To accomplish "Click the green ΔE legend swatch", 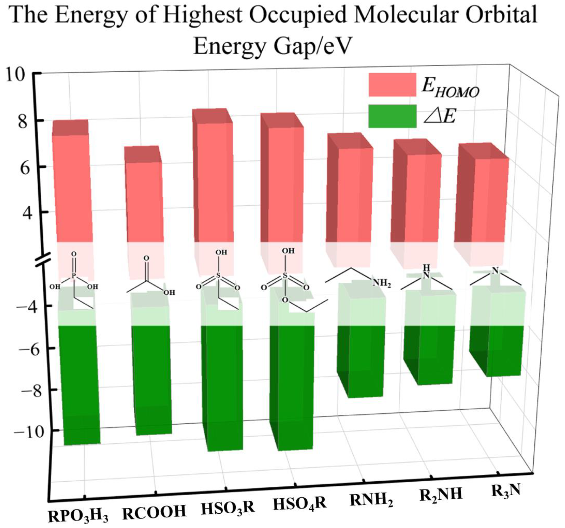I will [392, 116].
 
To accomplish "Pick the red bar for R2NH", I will [424, 199].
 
